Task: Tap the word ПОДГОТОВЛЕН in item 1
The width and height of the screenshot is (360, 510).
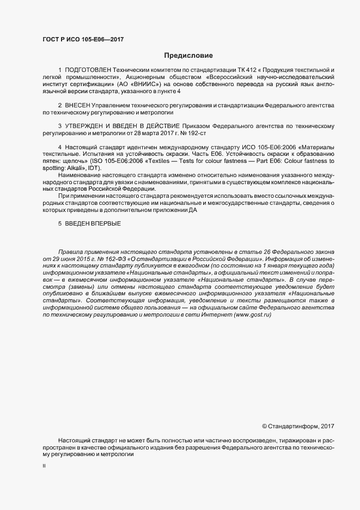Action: pyautogui.click(x=88, y=71)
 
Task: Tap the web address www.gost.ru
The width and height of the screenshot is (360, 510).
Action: pyautogui.click(x=252, y=315)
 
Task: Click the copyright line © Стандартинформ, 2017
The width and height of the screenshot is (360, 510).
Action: pyautogui.click(x=298, y=426)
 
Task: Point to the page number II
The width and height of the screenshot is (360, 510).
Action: pyautogui.click(x=44, y=466)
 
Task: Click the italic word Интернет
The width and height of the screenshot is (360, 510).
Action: pyautogui.click(x=216, y=315)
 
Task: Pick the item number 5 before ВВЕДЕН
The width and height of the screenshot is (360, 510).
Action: pyautogui.click(x=59, y=224)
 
